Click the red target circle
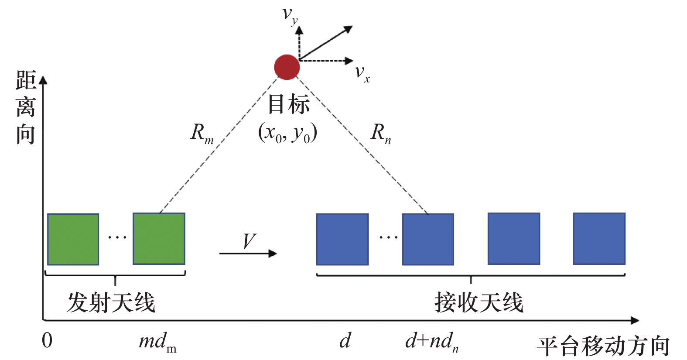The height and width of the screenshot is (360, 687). coord(287,67)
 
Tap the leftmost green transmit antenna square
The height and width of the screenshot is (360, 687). coord(73,239)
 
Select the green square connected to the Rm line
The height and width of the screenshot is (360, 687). coord(159,238)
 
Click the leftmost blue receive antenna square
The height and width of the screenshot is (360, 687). coord(342,240)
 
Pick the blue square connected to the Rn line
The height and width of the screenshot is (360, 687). coord(428,240)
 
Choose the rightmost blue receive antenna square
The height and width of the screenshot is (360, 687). coord(599,238)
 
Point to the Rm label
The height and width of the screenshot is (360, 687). coord(202,134)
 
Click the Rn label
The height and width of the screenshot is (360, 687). coord(381,134)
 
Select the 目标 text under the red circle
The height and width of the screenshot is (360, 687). coord(289,104)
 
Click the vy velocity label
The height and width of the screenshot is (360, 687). coord(290,16)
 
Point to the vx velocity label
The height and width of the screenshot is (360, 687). coord(362,74)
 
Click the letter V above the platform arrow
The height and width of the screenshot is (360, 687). coord(250,241)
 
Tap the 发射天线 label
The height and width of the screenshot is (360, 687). coord(111,302)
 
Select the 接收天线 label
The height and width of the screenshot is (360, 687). coord(479,302)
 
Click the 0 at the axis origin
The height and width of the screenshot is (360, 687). coord(47,340)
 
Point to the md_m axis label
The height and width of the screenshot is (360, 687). coord(157,342)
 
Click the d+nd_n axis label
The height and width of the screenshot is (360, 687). coord(432,342)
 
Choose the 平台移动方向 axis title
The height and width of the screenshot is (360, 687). coord(603,346)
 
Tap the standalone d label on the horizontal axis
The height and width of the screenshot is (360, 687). coord(345,340)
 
